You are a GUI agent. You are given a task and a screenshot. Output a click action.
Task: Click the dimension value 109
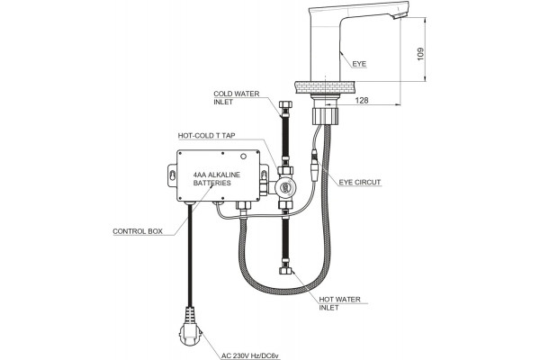click(420, 54)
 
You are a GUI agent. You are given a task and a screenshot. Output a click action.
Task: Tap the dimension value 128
click(362, 100)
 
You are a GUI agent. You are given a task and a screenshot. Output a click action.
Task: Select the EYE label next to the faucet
click(359, 64)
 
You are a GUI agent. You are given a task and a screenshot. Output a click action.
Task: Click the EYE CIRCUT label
click(360, 182)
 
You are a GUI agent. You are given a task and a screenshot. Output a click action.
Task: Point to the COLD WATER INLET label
click(236, 98)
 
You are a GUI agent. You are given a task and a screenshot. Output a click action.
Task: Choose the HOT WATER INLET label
click(339, 303)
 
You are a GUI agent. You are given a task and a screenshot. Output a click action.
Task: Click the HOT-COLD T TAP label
click(207, 136)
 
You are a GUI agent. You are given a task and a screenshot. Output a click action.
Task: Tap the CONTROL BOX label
click(138, 231)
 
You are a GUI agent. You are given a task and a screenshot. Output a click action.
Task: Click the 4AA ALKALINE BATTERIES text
click(217, 179)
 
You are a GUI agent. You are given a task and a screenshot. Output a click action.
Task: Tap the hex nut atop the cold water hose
click(285, 104)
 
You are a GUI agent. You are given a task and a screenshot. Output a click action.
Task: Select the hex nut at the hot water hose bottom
click(285, 271)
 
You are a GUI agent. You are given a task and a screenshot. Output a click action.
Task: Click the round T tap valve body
click(285, 187)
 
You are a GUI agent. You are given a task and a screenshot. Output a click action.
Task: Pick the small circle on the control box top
click(244, 157)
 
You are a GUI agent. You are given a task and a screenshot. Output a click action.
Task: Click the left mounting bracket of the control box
click(173, 175)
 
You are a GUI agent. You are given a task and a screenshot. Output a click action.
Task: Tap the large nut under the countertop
click(325, 114)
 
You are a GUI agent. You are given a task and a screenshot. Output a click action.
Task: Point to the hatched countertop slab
click(326, 87)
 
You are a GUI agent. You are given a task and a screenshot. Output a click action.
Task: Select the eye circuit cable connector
click(314, 166)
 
